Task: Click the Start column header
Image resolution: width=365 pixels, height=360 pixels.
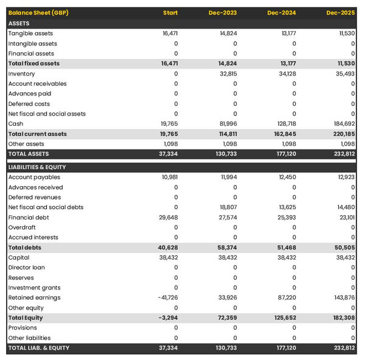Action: (x=170, y=13)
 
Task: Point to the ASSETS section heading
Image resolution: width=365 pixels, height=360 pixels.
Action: (x=19, y=23)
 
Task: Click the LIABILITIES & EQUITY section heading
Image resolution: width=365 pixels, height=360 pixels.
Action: (x=37, y=167)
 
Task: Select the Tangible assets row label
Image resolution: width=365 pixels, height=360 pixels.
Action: (x=30, y=33)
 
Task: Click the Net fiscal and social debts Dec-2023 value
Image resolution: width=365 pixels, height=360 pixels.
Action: (x=228, y=207)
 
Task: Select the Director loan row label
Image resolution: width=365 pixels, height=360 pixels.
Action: (x=27, y=268)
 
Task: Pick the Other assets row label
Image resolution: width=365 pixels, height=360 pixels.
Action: (x=26, y=144)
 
